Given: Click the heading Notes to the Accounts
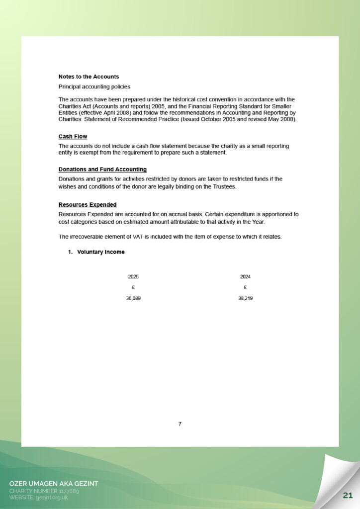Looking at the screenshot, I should pos(89,77).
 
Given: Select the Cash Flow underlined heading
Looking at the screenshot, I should pos(73,136).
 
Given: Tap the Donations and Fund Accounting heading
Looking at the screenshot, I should pos(102,169).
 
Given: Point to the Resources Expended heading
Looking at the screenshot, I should pos(88,204).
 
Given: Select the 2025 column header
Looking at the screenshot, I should pos(133,276).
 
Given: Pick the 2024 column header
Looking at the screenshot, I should pos(245,276).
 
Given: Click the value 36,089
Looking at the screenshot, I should pos(133,298).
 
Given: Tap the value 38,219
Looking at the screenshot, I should pos(245,298).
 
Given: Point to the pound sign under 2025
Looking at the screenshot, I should pos(133,287).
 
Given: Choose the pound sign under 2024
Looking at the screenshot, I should pos(245,287).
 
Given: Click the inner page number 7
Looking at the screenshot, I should pos(180,424).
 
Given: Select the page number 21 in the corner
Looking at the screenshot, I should pos(348,495).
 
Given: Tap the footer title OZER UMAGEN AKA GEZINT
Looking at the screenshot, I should pos(54,484).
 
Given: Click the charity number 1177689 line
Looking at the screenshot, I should pos(44,491).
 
